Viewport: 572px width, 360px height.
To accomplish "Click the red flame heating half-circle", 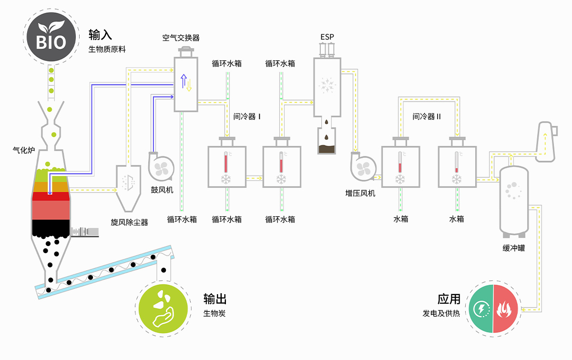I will click(505, 309).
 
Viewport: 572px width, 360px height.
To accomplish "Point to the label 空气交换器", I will click(181, 38).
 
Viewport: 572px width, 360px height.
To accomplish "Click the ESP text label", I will click(327, 37).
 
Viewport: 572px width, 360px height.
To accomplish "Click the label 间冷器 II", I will click(426, 116).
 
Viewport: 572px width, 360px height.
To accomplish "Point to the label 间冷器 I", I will click(246, 116).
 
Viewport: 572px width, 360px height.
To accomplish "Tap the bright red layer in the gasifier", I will click(51, 196).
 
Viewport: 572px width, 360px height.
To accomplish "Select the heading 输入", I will click(100, 35).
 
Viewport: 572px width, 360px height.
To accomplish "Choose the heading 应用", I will click(449, 299).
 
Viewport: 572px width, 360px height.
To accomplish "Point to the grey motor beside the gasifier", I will click(85, 232).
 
